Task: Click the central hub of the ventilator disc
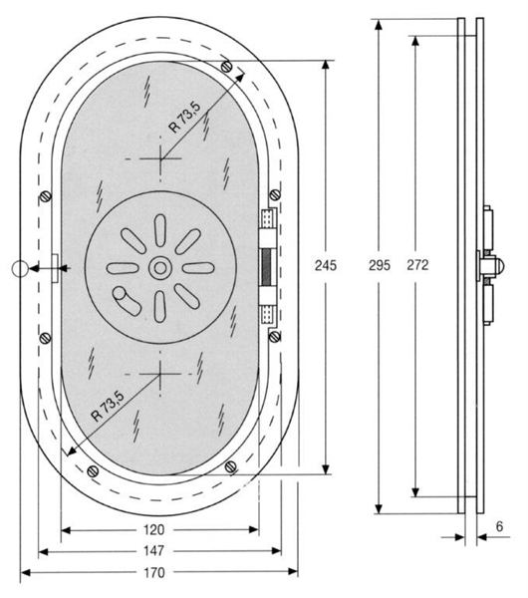(159, 267)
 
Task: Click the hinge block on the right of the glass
(267, 266)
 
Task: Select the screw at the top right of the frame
(232, 67)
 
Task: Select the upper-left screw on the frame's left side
(47, 195)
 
